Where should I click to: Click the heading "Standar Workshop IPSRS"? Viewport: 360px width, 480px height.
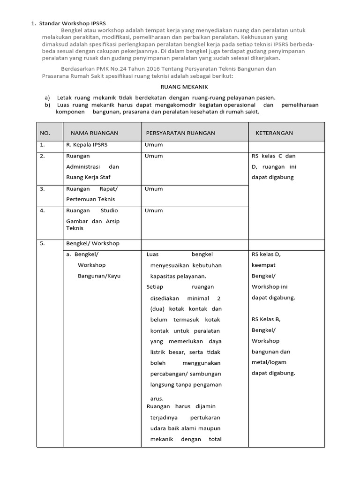pos(73,22)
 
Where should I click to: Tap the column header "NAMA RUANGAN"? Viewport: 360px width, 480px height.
pos(94,133)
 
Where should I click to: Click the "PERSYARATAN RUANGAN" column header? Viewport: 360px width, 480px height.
pos(180,133)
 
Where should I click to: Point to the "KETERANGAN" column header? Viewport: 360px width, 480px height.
pos(274,133)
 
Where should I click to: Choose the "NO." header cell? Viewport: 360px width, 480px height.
pos(45,133)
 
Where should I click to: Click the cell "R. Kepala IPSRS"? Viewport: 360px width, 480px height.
pos(87,145)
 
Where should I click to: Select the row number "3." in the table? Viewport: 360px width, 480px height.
pos(43,189)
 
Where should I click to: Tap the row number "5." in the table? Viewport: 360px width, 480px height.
pos(43,243)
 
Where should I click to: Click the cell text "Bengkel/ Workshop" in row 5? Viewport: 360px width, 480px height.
pos(93,243)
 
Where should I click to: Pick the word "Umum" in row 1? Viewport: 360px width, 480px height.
pos(154,145)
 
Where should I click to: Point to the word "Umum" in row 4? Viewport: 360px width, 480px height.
pos(154,210)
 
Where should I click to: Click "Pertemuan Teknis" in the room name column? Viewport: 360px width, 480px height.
pos(90,199)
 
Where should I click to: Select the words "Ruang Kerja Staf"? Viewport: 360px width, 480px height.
pos(89,177)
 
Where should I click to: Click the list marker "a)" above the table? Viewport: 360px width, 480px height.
pos(47,97)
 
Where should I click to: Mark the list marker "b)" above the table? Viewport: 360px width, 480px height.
pos(47,105)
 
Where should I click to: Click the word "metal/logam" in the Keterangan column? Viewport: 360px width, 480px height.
pos(269,362)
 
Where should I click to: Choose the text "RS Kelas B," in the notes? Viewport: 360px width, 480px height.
pos(266,319)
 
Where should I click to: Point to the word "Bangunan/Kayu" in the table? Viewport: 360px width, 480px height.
pos(99,276)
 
